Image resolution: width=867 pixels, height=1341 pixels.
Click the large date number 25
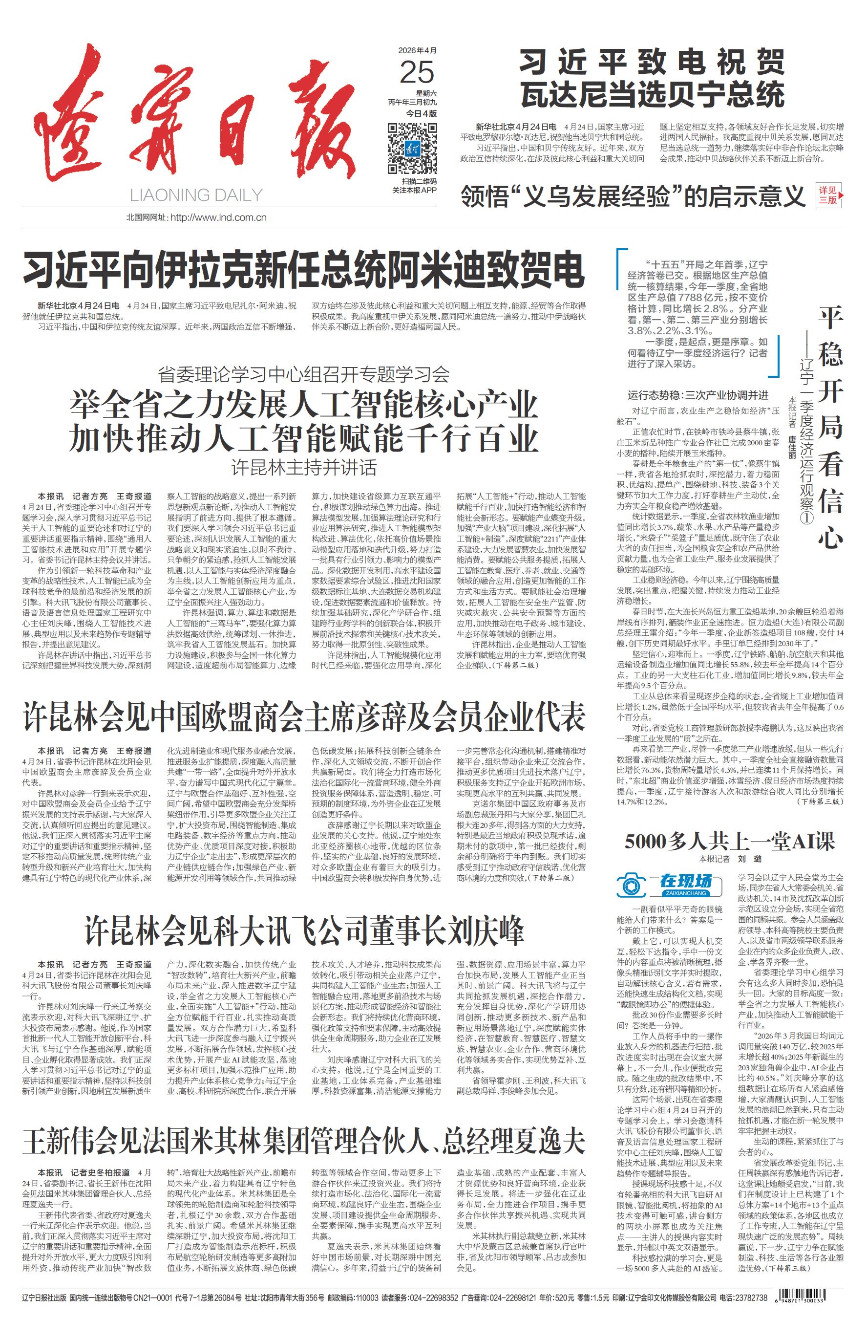[417, 73]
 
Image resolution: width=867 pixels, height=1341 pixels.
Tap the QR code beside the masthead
[413, 148]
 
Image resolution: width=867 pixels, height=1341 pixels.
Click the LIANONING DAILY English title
[196, 195]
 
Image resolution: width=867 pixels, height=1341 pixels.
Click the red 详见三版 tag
[829, 195]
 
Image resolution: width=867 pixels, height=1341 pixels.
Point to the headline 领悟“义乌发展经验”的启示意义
[633, 195]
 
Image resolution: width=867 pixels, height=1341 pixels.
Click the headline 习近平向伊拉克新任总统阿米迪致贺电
[303, 271]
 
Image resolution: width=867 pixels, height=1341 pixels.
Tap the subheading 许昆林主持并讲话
[303, 468]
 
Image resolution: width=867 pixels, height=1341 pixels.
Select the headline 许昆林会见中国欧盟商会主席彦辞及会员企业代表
[303, 717]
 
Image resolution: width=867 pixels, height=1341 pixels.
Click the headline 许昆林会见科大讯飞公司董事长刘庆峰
[303, 930]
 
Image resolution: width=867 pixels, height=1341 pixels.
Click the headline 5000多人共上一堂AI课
[730, 842]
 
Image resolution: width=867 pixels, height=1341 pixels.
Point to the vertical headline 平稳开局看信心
[830, 429]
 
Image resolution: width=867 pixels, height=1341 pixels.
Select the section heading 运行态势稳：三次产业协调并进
[698, 395]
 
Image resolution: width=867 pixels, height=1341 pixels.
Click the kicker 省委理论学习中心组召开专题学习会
[303, 373]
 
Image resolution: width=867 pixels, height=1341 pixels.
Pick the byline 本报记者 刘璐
[730, 859]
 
